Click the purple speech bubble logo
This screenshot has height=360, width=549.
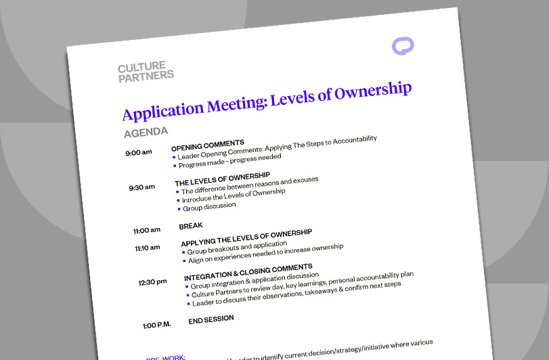tap(403, 46)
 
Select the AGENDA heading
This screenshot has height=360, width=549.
tap(146, 131)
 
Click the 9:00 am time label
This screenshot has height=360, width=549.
tap(138, 153)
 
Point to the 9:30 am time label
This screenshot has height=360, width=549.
tap(141, 187)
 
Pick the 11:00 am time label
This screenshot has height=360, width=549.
tap(147, 231)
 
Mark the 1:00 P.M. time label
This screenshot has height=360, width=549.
tap(156, 325)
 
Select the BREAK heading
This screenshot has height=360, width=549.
tap(191, 226)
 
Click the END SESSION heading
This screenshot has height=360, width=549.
tap(211, 319)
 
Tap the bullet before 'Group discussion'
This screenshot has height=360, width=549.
tap(179, 209)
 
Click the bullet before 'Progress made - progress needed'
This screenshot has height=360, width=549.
tap(174, 166)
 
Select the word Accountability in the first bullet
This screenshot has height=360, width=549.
tap(349, 139)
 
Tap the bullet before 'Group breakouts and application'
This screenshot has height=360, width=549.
tap(183, 252)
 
